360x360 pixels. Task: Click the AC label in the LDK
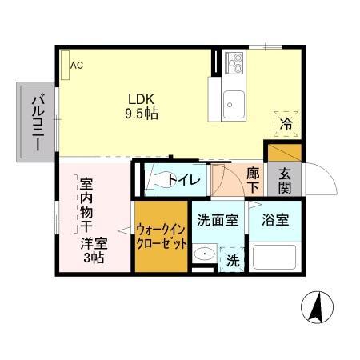[x=77, y=66]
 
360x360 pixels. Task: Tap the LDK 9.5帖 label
[x=141, y=107]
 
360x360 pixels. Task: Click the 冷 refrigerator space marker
[x=286, y=123]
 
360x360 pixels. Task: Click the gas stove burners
[x=235, y=61]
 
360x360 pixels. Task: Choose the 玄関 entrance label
[x=285, y=179]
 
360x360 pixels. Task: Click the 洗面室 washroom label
[x=218, y=220]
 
